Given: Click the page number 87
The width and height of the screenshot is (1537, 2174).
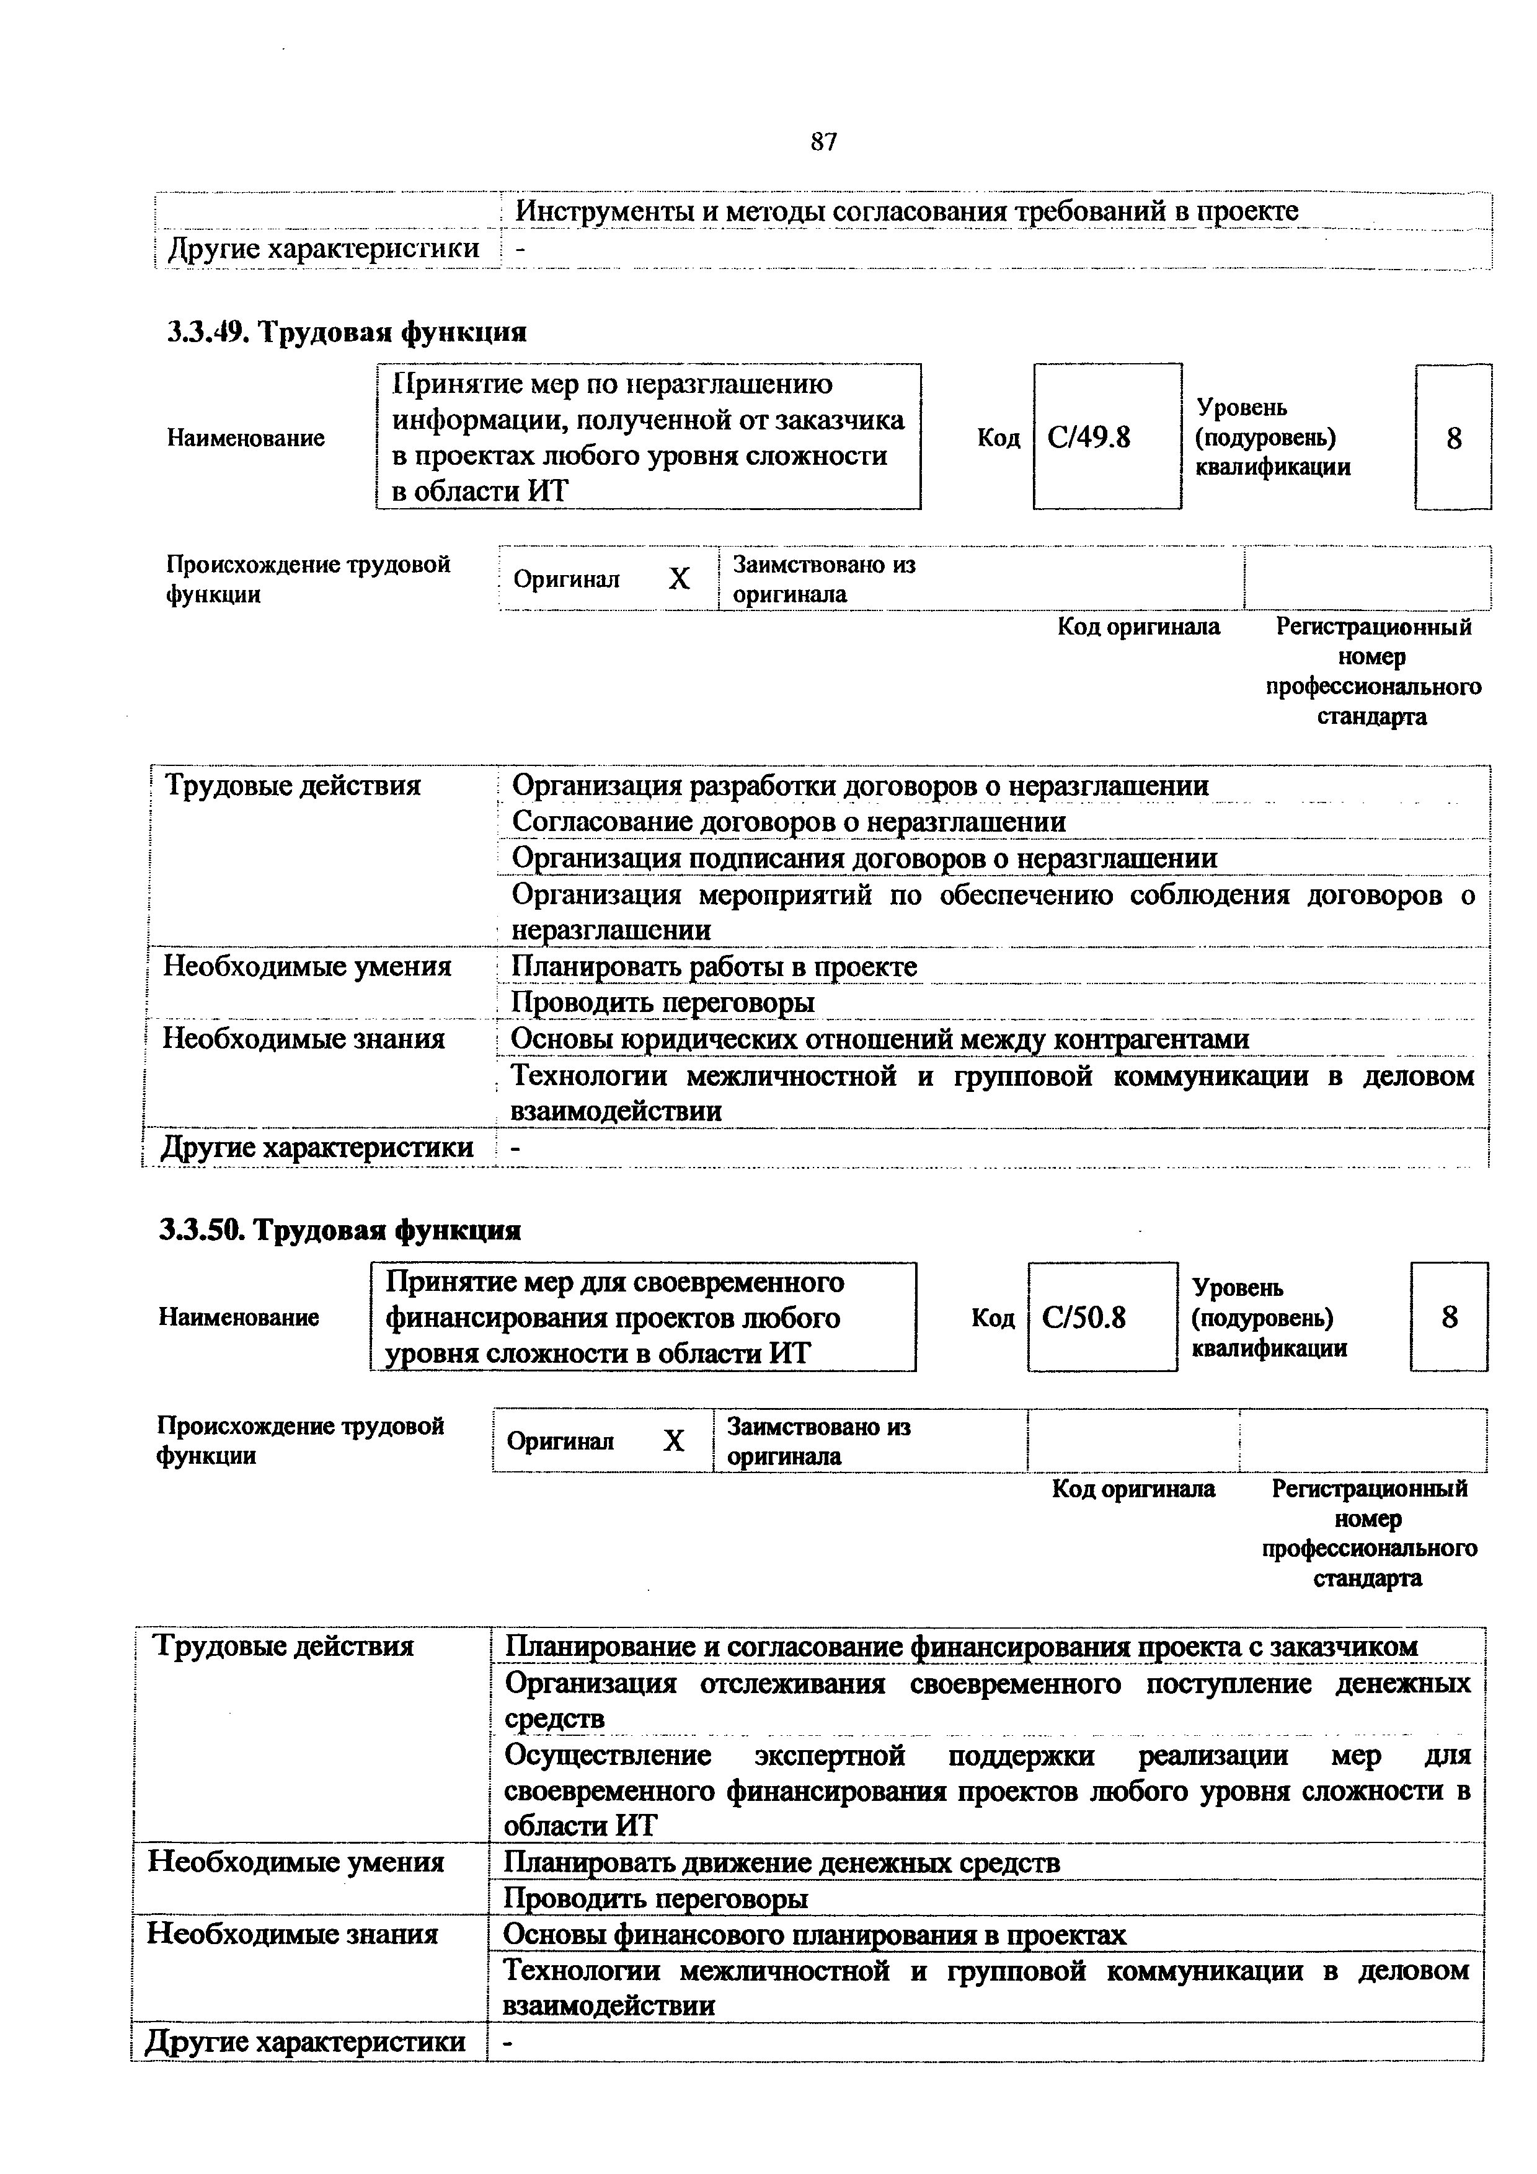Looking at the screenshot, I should point(824,142).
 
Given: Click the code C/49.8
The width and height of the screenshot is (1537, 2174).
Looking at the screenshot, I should point(1089,438).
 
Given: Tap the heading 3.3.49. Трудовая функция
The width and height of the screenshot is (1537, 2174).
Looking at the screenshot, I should point(347,332).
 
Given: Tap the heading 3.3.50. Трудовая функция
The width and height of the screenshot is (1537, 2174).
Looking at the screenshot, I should point(340,1230).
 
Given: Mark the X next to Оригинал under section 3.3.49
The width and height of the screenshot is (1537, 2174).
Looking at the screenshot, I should point(679,579).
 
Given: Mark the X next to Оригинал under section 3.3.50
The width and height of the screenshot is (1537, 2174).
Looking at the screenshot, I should point(673,1441).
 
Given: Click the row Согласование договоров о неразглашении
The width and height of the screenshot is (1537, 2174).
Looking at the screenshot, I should point(789,822).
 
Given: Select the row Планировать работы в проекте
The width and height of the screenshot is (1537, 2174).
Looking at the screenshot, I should point(714,967).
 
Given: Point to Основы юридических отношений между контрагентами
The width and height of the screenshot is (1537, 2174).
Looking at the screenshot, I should point(880,1040).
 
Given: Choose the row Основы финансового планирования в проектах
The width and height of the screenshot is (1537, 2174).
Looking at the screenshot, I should point(815,1934).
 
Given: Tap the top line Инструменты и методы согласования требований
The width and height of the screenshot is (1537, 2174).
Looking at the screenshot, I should point(906,212).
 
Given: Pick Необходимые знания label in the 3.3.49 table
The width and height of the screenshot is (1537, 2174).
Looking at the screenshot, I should point(303,1040).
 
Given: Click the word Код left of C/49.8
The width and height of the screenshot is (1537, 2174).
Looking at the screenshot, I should point(998,438).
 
